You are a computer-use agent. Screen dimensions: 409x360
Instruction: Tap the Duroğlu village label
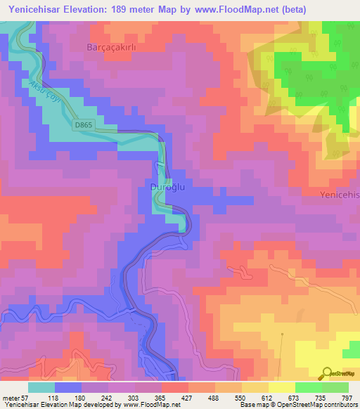click(167, 187)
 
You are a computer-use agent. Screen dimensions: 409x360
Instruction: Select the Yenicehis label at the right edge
click(339, 194)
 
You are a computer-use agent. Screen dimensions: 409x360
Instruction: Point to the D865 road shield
click(83, 124)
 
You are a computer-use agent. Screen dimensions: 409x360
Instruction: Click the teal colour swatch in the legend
click(41, 387)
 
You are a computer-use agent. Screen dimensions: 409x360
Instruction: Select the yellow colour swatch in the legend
click(281, 387)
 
